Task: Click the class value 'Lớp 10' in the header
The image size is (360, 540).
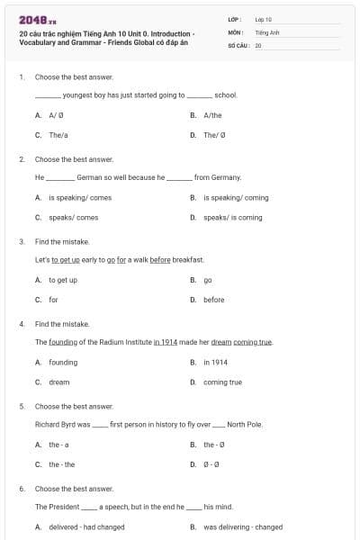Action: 263,19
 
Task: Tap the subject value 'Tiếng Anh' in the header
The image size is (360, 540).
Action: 266,31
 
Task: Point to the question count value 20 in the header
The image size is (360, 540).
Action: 258,44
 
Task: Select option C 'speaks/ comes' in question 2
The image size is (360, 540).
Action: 73,217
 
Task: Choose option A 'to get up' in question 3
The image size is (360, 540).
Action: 62,280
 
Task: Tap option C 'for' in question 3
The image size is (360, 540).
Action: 53,300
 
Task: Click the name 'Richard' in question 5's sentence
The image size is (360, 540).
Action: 48,424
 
